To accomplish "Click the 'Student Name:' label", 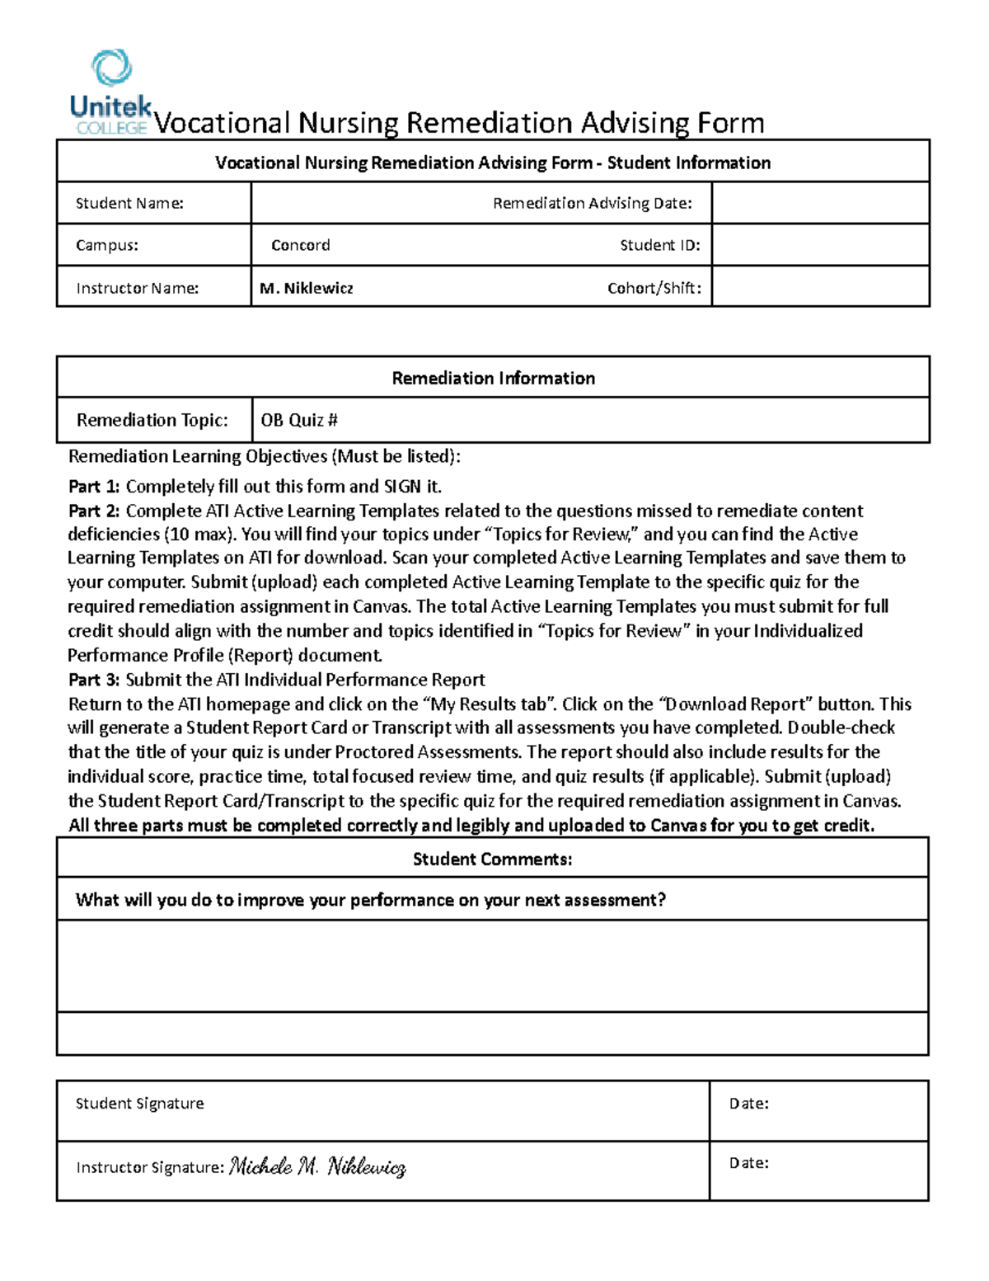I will click(x=129, y=203).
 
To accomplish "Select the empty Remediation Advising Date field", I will click(x=820, y=203).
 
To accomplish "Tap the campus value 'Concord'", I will click(x=301, y=245).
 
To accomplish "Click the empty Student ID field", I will click(x=820, y=245).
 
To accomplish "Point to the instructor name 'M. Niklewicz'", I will click(x=306, y=288).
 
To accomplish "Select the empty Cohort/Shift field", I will click(x=820, y=287).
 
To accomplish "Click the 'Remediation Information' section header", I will click(x=493, y=378).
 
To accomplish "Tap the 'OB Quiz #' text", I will click(x=299, y=420).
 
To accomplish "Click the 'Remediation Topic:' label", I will click(x=152, y=420).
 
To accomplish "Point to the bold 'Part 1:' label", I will click(x=94, y=486).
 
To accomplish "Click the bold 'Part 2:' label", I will click(x=94, y=511).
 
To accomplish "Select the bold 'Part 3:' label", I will click(x=94, y=680).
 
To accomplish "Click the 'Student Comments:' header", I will click(x=492, y=859).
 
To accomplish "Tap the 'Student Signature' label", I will click(x=139, y=1104).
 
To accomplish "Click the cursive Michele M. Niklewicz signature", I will click(x=317, y=1166).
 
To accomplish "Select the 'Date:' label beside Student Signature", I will click(x=748, y=1104).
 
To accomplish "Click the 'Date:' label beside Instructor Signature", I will click(x=748, y=1163).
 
